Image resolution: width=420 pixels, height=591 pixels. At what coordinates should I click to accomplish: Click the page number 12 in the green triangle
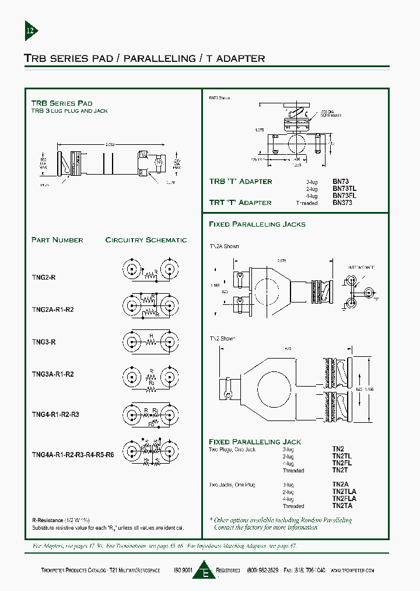tap(30, 30)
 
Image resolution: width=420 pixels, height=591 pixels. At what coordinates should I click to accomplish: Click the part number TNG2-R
tap(44, 278)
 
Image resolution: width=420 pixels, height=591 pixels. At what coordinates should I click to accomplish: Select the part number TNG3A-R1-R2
tap(52, 374)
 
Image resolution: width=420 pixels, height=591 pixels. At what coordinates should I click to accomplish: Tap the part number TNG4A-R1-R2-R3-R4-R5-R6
tap(72, 454)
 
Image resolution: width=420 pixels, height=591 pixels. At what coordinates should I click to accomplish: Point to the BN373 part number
tap(342, 203)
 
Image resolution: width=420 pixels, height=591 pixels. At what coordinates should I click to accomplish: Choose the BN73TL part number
tap(344, 189)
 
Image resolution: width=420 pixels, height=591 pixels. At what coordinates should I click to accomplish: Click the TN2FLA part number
tap(344, 499)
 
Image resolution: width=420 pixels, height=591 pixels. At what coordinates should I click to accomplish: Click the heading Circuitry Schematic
tap(146, 240)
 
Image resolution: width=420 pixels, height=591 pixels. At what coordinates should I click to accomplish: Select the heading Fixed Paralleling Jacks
tap(257, 224)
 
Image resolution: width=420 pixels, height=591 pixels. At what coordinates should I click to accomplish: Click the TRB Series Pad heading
tap(61, 103)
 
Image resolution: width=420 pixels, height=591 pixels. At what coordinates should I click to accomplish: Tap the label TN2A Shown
tap(224, 246)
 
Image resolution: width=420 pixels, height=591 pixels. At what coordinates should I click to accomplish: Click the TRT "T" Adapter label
tap(240, 203)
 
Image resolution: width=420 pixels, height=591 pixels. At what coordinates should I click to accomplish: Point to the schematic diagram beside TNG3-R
tap(149, 342)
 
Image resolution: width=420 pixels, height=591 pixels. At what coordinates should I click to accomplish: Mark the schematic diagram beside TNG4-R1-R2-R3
tap(149, 416)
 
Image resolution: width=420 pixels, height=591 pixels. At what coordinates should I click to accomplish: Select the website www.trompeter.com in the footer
tap(352, 571)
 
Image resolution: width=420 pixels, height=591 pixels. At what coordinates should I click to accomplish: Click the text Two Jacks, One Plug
tap(232, 485)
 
